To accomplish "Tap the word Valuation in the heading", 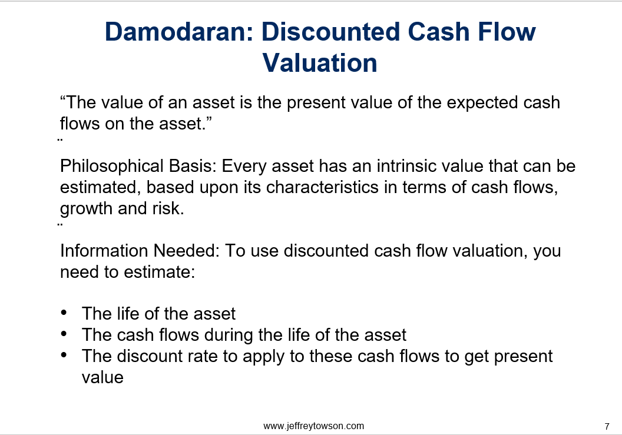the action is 320,63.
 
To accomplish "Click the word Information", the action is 104,251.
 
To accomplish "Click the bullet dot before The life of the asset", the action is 64,313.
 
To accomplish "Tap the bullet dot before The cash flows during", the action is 64,334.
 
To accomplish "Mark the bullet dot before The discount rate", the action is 64,355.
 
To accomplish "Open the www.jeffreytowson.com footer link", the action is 313,426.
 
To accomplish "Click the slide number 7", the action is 607,427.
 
